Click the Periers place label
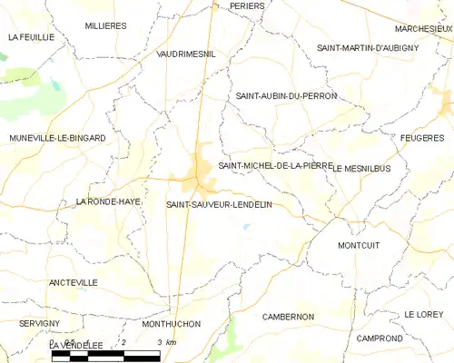[x=247, y=5]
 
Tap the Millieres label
[x=105, y=26]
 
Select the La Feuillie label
[x=32, y=37]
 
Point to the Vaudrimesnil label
[x=186, y=54]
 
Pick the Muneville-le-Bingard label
[x=58, y=138]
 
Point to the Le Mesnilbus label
[x=367, y=169]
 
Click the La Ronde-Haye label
[x=108, y=201]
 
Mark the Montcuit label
[x=358, y=246]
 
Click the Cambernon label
[x=288, y=317]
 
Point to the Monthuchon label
[x=172, y=323]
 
